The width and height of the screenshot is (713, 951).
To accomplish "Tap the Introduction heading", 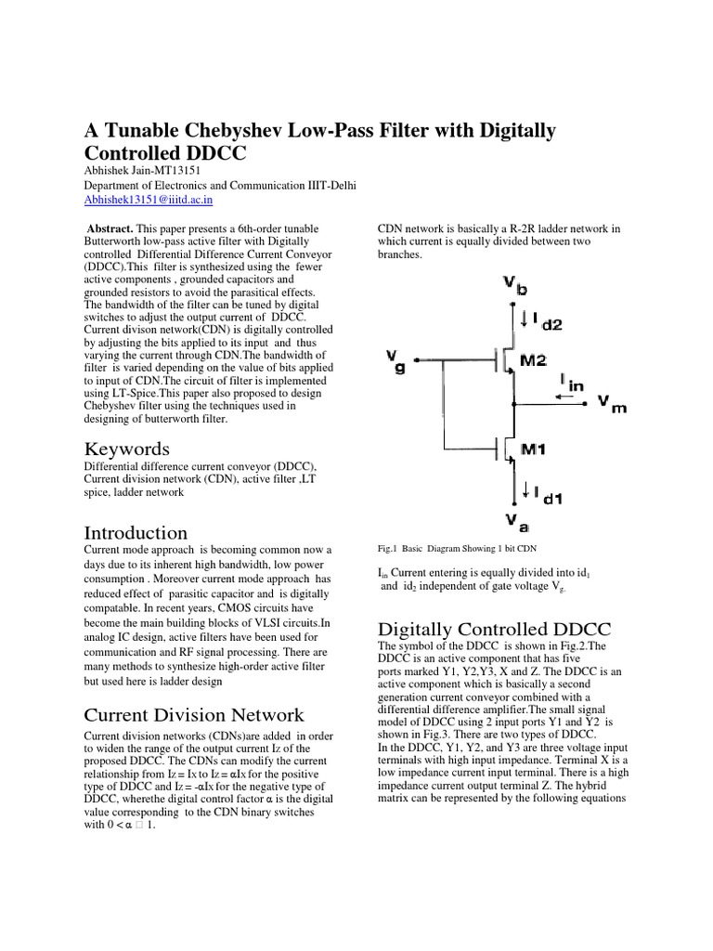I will (x=136, y=532).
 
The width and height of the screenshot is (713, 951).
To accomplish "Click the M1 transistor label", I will (x=532, y=449).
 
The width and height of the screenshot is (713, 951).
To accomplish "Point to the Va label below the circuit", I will (x=515, y=520).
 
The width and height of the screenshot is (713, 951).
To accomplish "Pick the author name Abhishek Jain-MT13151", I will (x=143, y=170).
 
